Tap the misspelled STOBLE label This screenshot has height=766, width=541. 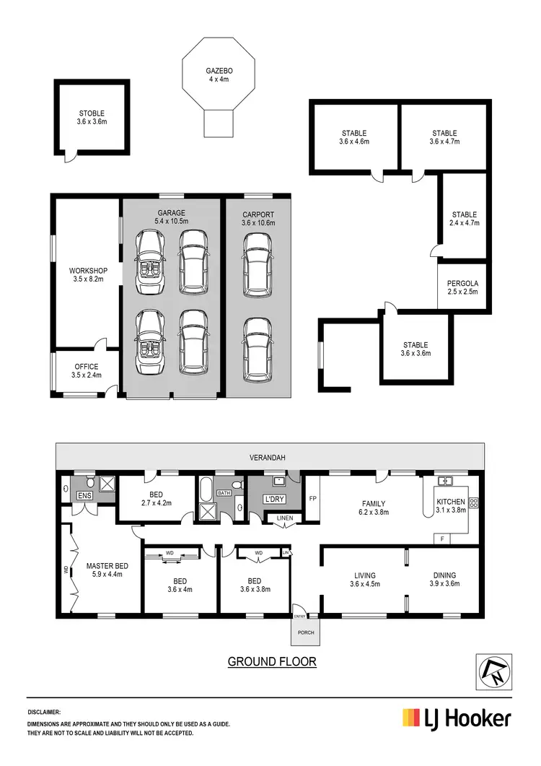tap(92, 118)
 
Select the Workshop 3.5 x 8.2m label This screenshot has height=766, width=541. tap(89, 274)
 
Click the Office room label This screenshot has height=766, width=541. tap(86, 351)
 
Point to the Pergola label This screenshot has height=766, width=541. tap(462, 287)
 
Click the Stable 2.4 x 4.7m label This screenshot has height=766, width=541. tap(464, 219)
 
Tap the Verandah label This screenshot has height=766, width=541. tap(270, 456)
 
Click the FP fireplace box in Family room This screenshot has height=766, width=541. tap(312, 498)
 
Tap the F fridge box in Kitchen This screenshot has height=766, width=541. tap(441, 538)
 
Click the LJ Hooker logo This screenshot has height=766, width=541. tap(457, 718)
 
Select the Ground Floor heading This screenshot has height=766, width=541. tap(272, 661)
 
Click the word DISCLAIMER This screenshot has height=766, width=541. tap(44, 711)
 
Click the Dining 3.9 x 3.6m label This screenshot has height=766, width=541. tap(443, 580)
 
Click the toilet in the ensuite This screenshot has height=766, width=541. tap(89, 482)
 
